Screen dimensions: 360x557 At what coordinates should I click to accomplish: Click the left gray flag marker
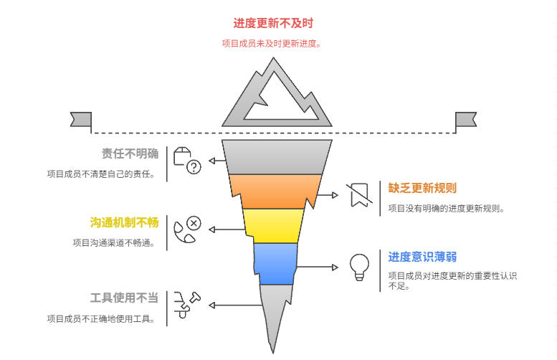[81, 119]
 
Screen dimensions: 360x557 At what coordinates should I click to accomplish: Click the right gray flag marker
[466, 119]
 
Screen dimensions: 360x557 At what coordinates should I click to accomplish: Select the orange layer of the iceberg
[276, 191]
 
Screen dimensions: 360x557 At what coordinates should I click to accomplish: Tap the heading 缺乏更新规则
[422, 188]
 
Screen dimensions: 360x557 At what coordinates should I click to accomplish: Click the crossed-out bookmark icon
[358, 195]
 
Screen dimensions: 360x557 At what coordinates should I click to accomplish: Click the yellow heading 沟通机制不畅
[124, 222]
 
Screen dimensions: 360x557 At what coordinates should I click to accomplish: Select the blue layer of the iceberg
[275, 262]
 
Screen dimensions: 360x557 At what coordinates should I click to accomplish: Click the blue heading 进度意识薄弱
[422, 257]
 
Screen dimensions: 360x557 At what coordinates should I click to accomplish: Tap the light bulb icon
[358, 266]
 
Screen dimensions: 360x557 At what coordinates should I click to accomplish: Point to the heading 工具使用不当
[124, 298]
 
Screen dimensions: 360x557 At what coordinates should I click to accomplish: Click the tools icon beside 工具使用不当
[186, 305]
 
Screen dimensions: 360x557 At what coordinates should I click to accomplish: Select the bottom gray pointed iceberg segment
[275, 312]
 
